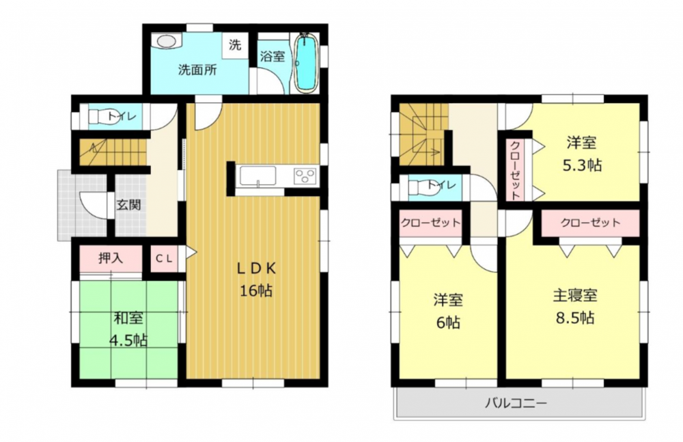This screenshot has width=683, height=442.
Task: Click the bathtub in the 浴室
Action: pos(307,64)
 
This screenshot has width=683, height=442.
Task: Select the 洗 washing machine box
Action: pos(235,44)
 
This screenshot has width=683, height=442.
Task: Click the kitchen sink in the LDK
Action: pos(258,176)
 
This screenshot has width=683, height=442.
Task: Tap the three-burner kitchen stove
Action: pos(305,176)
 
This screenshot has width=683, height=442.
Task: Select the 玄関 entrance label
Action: pos(129,204)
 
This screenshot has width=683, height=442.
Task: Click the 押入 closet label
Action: pos(111,258)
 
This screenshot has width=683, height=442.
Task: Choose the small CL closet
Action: pos(164,259)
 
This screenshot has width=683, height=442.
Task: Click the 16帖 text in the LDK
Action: pos(256,290)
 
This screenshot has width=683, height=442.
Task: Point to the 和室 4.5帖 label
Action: pos(128,329)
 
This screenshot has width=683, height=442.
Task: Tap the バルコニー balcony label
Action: pos(516,403)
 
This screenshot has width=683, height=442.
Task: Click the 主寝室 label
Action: pos(575,296)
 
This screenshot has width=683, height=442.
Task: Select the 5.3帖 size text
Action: pos(582,165)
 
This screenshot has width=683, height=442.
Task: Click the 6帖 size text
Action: pos(448,322)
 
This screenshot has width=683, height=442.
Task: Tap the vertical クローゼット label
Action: pos(515,170)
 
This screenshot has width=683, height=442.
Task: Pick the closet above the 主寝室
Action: pos(590,223)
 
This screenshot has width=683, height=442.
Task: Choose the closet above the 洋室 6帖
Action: pos(431,223)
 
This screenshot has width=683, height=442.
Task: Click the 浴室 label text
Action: pos(273,56)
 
